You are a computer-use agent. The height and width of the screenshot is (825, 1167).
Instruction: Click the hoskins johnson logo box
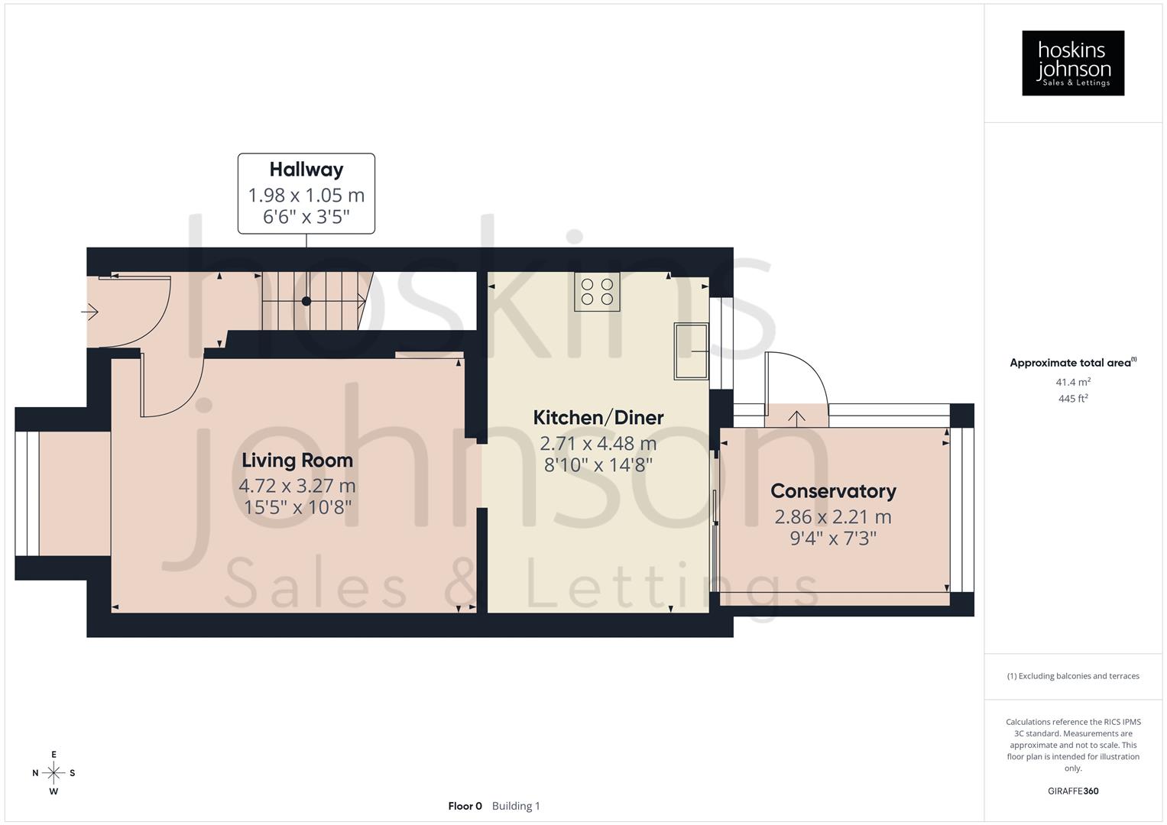[x=1072, y=63]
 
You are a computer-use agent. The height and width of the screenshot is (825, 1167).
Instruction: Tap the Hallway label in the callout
[x=306, y=170]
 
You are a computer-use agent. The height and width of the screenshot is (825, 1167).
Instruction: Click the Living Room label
[x=297, y=461]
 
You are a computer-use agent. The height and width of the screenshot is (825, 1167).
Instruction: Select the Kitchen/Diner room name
[x=598, y=418]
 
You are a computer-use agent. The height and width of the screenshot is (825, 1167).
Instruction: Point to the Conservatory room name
[x=832, y=491]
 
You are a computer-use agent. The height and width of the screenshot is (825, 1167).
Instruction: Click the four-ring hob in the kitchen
[x=597, y=292]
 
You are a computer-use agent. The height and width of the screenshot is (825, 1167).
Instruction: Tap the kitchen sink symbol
[x=691, y=351]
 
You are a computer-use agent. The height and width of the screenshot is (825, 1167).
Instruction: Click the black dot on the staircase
[x=306, y=301]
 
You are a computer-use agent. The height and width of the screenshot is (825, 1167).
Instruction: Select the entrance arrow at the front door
[x=90, y=312]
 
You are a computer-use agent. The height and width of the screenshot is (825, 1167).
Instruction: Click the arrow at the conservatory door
[x=796, y=417]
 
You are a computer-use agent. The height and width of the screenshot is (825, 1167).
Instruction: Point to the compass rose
[x=53, y=773]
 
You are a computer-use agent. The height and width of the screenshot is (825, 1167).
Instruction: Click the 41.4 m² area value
[x=1072, y=382]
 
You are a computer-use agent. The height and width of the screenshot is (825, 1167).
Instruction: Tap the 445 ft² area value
[x=1072, y=399]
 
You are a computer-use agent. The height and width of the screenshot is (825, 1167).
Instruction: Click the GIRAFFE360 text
[x=1072, y=791]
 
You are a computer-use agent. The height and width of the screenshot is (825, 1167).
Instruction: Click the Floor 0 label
[x=465, y=806]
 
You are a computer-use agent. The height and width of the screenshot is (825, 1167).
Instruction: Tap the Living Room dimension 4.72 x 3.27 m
[x=297, y=486]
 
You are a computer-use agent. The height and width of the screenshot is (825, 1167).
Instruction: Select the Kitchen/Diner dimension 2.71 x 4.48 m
[x=598, y=443]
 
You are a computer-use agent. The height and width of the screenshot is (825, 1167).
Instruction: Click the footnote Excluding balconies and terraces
[x=1072, y=676]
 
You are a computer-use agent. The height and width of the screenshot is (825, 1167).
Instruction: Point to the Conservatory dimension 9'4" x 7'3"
[x=832, y=539]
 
